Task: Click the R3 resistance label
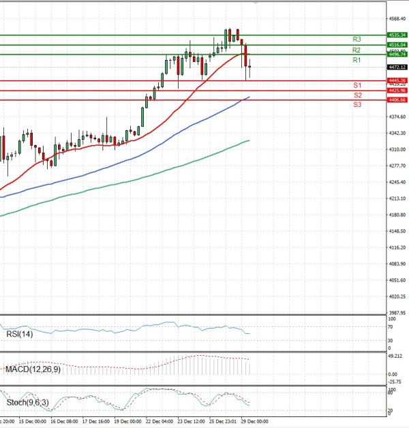[357, 40]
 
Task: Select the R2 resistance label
[357, 50]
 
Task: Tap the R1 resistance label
[357, 61]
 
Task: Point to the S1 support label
[357, 85]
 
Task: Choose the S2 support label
[357, 95]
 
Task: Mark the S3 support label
[357, 105]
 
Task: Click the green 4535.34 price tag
[397, 35]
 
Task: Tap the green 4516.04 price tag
[397, 45]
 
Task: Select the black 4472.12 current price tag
[397, 67]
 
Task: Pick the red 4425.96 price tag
[397, 90]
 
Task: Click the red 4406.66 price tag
[397, 100]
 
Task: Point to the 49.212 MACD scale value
[395, 356]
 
